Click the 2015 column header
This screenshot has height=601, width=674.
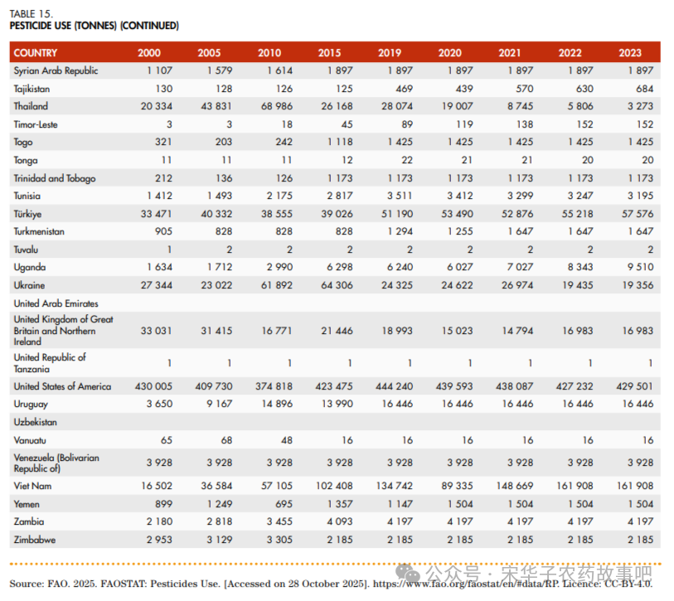pyautogui.click(x=329, y=53)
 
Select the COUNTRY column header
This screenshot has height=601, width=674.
pyautogui.click(x=36, y=53)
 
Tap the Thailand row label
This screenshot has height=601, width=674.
pyautogui.click(x=31, y=106)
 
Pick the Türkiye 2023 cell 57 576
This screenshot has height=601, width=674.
pyautogui.click(x=637, y=214)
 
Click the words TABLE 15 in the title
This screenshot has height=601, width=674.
pyautogui.click(x=32, y=13)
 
